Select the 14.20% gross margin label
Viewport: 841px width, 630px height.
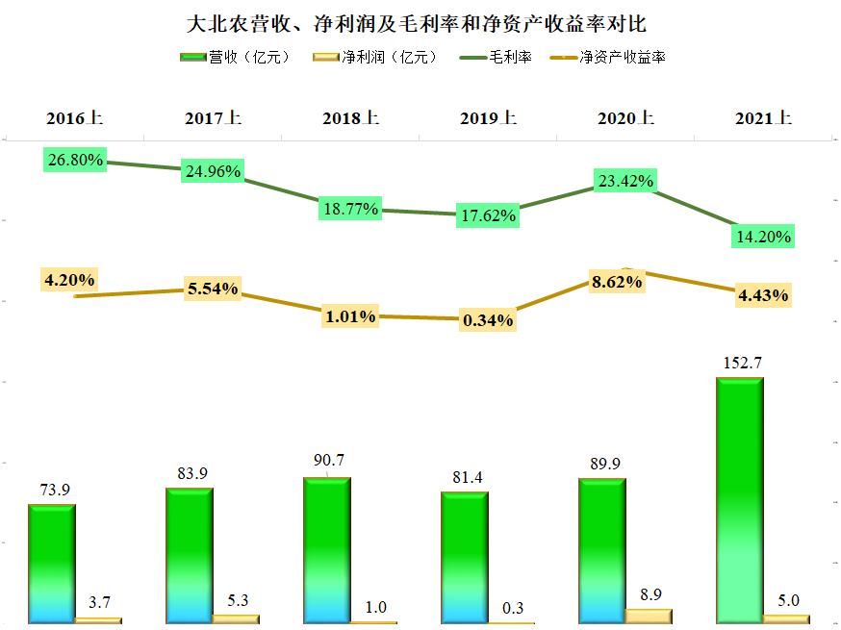point(762,236)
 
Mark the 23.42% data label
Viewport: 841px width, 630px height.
point(624,180)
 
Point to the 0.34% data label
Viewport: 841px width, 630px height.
point(487,319)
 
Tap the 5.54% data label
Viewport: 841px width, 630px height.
point(212,288)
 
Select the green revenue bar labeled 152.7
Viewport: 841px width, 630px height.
point(740,500)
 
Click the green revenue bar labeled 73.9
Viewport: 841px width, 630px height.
point(51,563)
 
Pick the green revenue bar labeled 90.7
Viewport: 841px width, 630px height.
point(326,549)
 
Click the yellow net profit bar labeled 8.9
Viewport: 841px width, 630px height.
point(649,616)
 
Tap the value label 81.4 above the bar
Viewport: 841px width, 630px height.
point(465,477)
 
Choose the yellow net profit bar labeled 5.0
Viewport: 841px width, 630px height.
point(786,618)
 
